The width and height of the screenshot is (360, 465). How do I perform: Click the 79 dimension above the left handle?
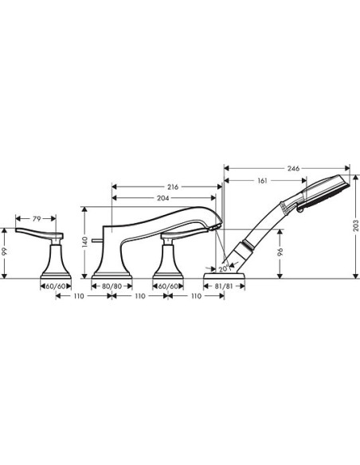(x=36, y=218)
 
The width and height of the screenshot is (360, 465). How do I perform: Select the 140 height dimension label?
(x=84, y=241)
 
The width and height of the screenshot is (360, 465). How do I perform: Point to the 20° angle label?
(x=222, y=268)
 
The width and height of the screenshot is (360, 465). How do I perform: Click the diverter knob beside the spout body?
(x=96, y=239)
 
